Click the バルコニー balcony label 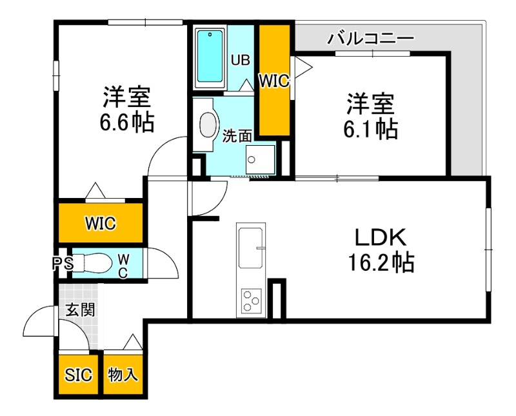tap(370, 37)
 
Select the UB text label tap(241, 61)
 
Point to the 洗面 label tap(237, 136)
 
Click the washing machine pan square tap(261, 159)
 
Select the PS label tap(63, 263)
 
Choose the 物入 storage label tap(123, 375)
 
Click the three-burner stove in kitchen tap(251, 301)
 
